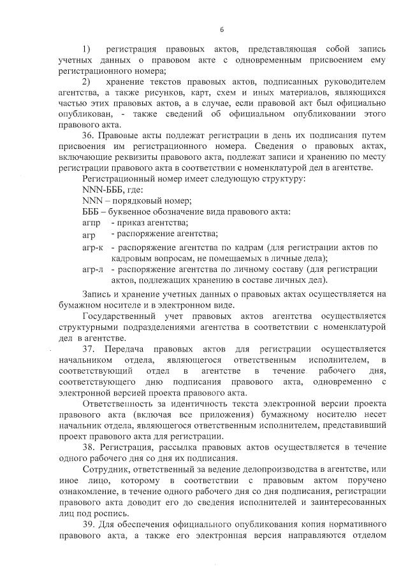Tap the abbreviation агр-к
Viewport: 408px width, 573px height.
pos(93,247)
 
